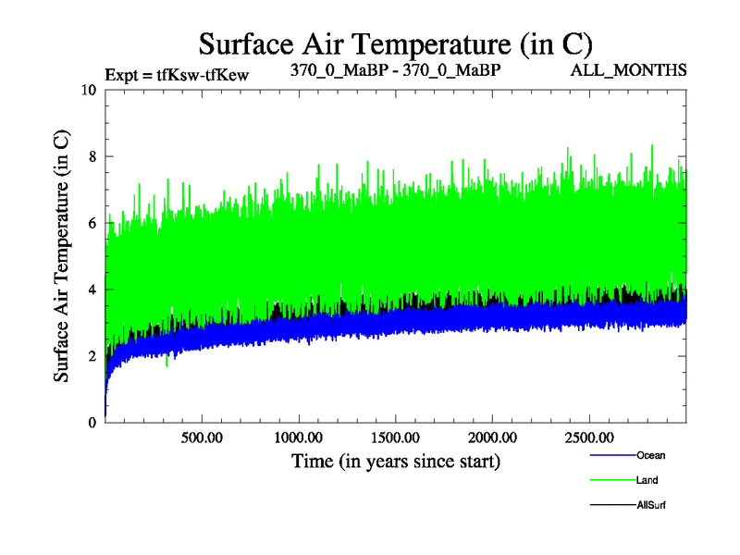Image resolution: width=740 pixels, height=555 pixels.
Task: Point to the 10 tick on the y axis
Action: (x=88, y=90)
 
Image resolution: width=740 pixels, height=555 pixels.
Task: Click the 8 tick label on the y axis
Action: (x=92, y=156)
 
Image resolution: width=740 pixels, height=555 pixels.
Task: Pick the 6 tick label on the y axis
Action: (x=92, y=223)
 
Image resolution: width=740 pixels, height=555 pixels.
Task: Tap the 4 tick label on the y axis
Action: (x=92, y=290)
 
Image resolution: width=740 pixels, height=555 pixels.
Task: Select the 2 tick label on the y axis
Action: (x=92, y=356)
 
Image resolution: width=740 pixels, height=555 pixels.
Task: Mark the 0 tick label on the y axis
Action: (x=92, y=423)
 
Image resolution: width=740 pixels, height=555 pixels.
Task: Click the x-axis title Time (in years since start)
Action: (x=395, y=460)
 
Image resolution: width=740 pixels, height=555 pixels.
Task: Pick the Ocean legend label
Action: (x=650, y=455)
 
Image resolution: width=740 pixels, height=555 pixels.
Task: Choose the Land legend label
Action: (x=647, y=480)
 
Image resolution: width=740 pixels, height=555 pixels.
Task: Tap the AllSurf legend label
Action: (x=651, y=505)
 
